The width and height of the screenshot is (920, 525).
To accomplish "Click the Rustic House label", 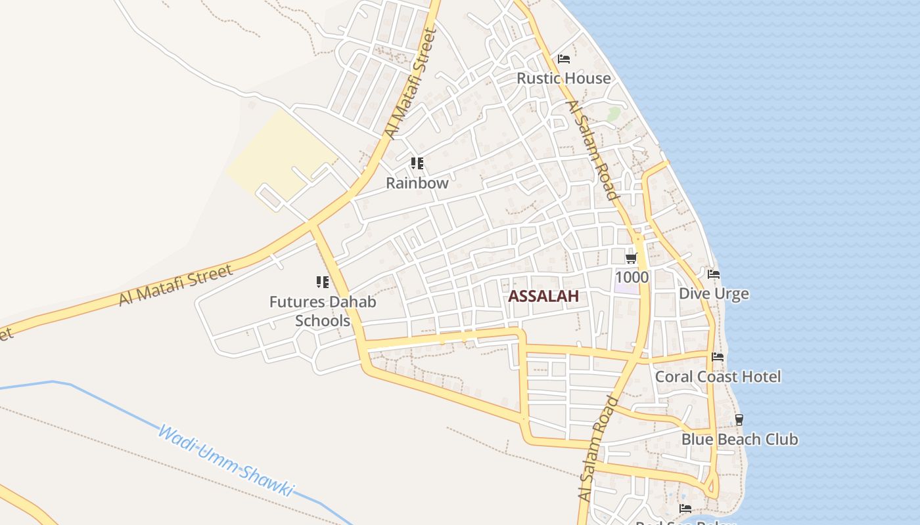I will pyautogui.click(x=563, y=78).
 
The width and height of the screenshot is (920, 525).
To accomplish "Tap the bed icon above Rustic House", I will pyautogui.click(x=564, y=59).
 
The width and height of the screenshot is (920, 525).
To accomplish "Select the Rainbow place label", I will pyautogui.click(x=417, y=183).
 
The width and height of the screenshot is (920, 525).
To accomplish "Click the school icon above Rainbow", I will pyautogui.click(x=417, y=163).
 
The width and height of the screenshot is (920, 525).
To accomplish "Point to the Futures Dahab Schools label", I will pyautogui.click(x=323, y=311).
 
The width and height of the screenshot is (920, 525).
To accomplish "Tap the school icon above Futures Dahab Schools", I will pyautogui.click(x=323, y=282).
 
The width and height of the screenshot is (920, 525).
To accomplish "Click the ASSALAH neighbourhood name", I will pyautogui.click(x=543, y=296).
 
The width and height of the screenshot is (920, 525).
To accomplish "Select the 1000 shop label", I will pyautogui.click(x=632, y=277).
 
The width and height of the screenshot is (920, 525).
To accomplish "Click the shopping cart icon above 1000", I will pyautogui.click(x=632, y=258).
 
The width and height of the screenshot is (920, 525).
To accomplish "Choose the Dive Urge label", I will pyautogui.click(x=714, y=293).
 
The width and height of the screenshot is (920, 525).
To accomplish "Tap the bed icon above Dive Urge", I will pyautogui.click(x=714, y=274).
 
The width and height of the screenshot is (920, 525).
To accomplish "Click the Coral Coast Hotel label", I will pyautogui.click(x=718, y=377).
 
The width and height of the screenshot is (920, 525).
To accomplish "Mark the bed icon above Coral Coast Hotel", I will pyautogui.click(x=718, y=357).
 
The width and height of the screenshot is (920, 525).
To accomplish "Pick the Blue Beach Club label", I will pyautogui.click(x=739, y=439).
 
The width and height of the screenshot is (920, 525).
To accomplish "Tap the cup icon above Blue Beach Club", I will pyautogui.click(x=739, y=420).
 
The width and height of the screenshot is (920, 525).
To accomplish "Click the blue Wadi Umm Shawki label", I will pyautogui.click(x=225, y=461).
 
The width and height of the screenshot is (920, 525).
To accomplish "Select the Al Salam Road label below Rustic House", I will pyautogui.click(x=591, y=150).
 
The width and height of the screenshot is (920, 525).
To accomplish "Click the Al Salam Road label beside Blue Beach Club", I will pyautogui.click(x=599, y=450).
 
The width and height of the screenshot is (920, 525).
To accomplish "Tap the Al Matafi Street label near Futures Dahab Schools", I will pyautogui.click(x=176, y=285).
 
